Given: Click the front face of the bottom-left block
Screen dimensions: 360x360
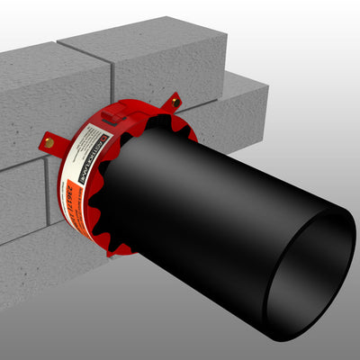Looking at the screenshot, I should pos(18,270).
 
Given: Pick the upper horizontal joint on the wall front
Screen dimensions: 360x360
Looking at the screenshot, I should pos(22,158).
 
